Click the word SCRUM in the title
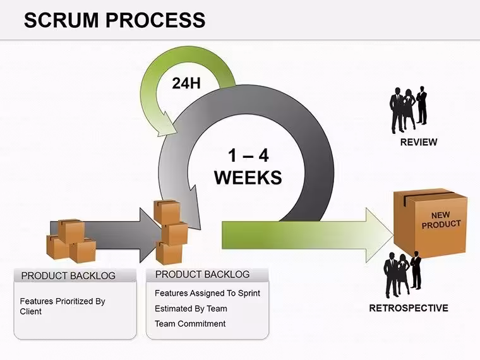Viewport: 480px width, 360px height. (x=61, y=20)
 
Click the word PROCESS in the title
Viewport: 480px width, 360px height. (x=155, y=20)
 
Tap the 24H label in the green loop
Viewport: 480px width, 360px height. (x=186, y=83)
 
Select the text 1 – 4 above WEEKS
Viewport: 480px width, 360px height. (x=248, y=155)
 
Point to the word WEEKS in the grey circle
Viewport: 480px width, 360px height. (x=248, y=177)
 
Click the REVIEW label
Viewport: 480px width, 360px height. (x=419, y=142)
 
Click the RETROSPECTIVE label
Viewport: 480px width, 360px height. (x=409, y=308)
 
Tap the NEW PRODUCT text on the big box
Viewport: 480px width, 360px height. (x=441, y=220)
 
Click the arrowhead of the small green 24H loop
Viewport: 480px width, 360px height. (x=166, y=126)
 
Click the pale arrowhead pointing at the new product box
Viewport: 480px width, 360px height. (x=380, y=235)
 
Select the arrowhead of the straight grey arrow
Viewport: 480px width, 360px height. (x=150, y=235)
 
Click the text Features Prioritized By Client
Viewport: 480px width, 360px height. (x=63, y=306)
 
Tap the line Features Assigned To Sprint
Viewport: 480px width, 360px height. (x=207, y=293)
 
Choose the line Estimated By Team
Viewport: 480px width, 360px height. (x=191, y=309)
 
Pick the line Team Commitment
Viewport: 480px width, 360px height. (x=190, y=323)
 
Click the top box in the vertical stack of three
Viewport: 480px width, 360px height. (x=167, y=212)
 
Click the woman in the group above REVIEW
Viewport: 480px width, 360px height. (x=409, y=109)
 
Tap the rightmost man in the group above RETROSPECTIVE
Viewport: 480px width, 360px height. (x=416, y=270)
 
